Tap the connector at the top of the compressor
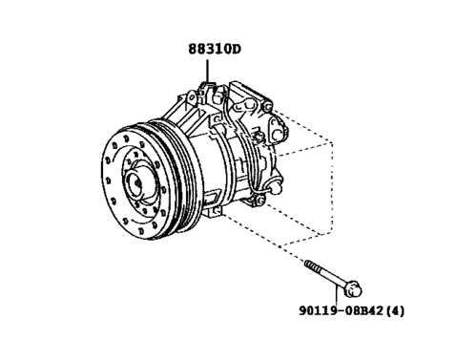[212, 92]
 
